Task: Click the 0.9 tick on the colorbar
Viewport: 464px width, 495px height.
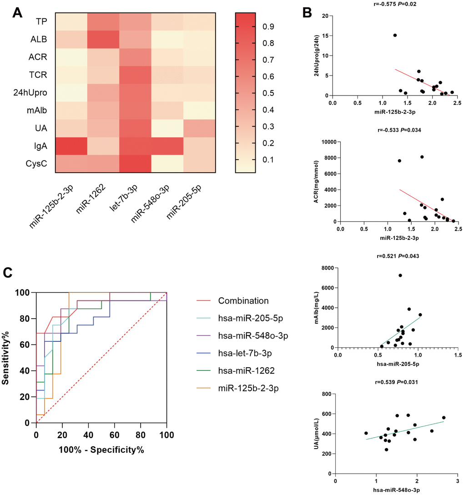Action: pyautogui.click(x=269, y=27)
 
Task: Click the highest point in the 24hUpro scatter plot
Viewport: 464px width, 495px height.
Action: pyautogui.click(x=395, y=35)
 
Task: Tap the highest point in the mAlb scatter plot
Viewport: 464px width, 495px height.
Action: pyautogui.click(x=400, y=275)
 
